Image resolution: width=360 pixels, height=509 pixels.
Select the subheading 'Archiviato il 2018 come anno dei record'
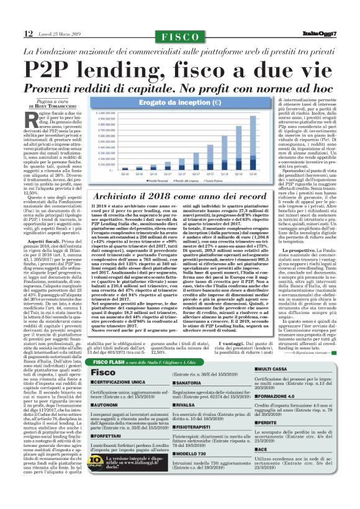[x=181, y=197]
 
